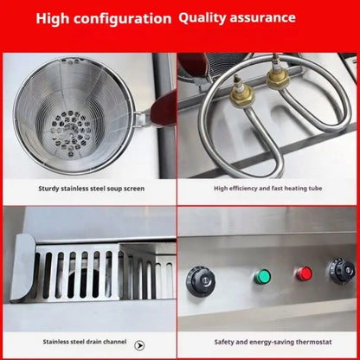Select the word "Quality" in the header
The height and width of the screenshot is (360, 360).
coord(209,17)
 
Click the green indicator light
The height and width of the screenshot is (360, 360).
coord(261,277)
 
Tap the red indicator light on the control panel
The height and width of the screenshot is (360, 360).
coord(304,274)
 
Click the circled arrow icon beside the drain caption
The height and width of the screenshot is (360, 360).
coord(140,344)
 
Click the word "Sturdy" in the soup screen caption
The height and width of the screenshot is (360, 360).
coord(48,187)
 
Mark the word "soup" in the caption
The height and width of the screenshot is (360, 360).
coord(113,187)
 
